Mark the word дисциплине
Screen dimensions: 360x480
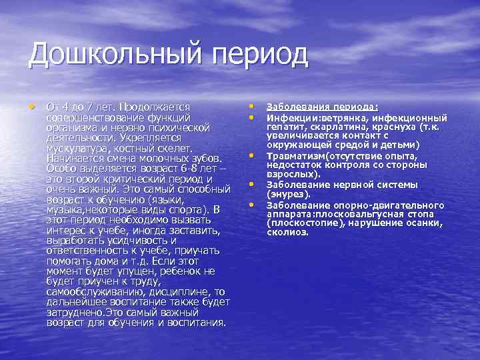point(167,292)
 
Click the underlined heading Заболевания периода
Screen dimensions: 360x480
point(322,107)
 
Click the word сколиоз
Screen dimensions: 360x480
point(288,233)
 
